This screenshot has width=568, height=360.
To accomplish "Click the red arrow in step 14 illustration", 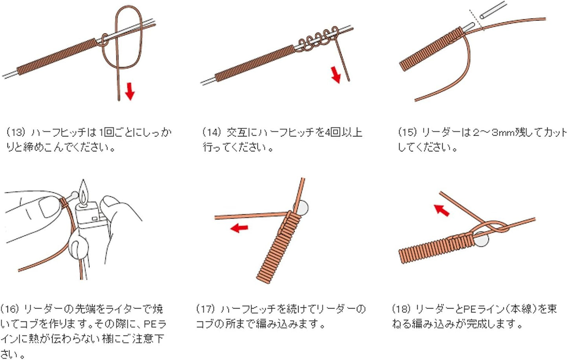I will tap(335, 75).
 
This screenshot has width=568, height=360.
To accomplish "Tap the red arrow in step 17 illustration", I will tap(239, 228).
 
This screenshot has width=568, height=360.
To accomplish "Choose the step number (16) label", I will tap(10, 309).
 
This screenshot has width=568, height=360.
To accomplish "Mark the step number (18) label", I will tap(401, 309).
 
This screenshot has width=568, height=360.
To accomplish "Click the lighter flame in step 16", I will tap(83, 191).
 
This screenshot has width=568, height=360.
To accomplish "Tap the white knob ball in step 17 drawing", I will tap(302, 208).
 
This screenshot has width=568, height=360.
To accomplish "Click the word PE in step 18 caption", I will tap(470, 309).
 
